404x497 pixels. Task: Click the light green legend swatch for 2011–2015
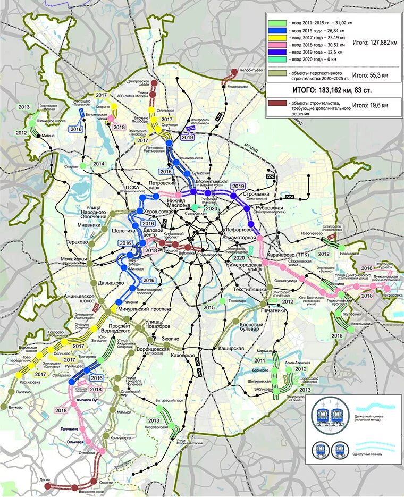click(277, 23)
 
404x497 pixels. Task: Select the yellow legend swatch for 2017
click(277, 38)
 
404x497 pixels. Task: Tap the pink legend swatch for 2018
click(277, 46)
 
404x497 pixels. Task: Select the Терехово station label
click(78, 242)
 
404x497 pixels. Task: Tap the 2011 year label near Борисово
click(260, 360)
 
